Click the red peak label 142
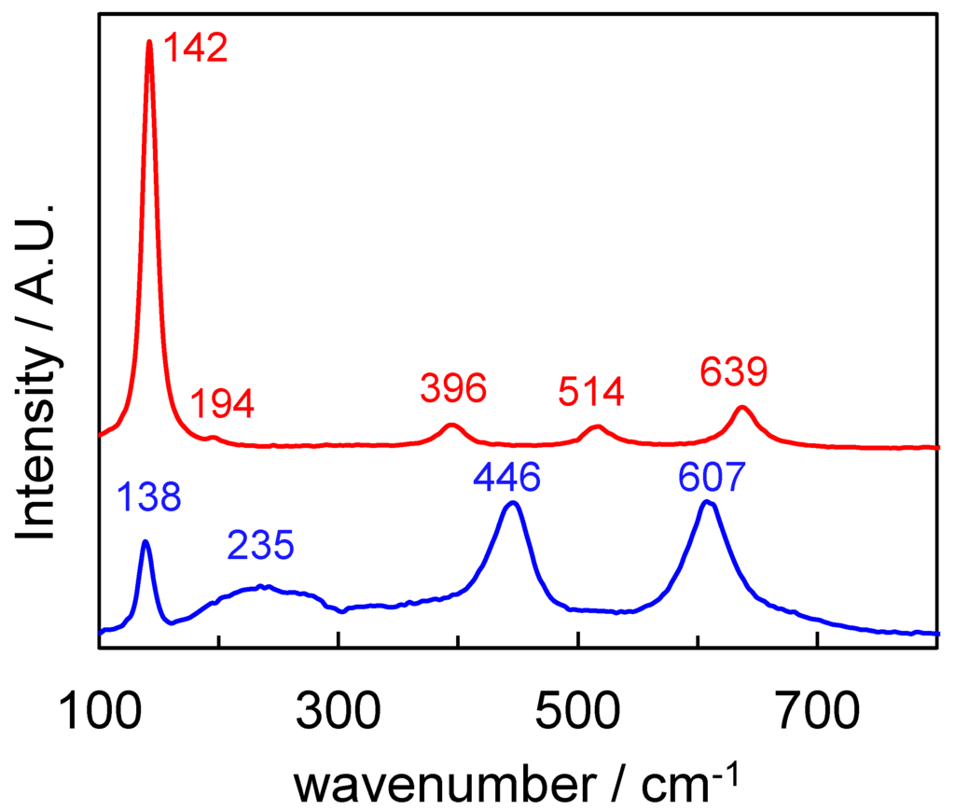point(196,48)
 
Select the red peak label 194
point(222,405)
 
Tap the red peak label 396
point(453,388)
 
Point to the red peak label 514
point(590,392)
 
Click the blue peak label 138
point(148,498)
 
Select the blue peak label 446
point(506,480)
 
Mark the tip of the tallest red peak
point(149,41)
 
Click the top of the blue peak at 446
point(510,503)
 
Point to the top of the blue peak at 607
point(708,502)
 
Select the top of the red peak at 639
point(742,407)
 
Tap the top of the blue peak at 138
point(145,541)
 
